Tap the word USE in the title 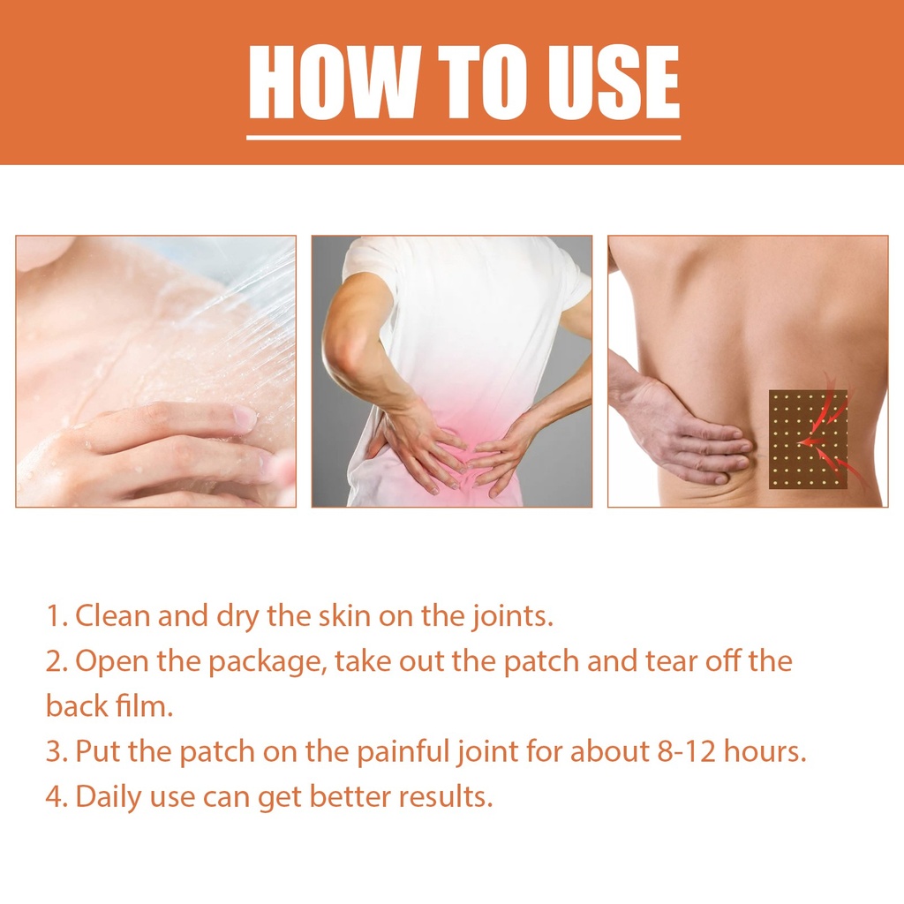[613, 82]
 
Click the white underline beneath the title [463, 138]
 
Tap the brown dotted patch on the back [808, 440]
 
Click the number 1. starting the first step [57, 616]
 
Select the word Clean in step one [112, 615]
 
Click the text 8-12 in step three [686, 752]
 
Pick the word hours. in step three [765, 751]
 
